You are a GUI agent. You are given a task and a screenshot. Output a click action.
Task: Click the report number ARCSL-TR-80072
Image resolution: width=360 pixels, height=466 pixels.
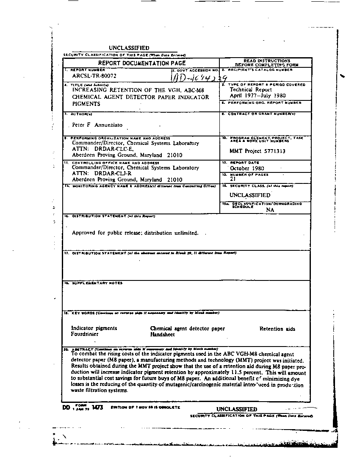[x=94, y=76]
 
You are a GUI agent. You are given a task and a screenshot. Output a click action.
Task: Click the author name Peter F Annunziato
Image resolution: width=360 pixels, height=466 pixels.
[x=97, y=125]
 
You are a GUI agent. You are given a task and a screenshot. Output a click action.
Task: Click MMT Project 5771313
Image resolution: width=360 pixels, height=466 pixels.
[x=257, y=151]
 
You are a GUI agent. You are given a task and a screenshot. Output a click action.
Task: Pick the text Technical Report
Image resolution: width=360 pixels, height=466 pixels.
[x=251, y=90]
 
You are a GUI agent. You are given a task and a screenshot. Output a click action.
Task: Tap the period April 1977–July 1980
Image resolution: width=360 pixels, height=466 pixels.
[x=258, y=96]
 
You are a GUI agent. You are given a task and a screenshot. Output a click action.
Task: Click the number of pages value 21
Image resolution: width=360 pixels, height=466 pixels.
[x=233, y=179]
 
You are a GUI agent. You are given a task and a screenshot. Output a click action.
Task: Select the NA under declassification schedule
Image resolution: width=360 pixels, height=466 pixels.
[x=270, y=210]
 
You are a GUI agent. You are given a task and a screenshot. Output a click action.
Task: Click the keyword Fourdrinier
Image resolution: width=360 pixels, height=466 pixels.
[x=85, y=334]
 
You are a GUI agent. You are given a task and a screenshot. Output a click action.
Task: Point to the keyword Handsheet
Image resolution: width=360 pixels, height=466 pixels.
[x=162, y=334]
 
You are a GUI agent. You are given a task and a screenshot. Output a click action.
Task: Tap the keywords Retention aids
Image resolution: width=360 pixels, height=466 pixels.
[x=277, y=329]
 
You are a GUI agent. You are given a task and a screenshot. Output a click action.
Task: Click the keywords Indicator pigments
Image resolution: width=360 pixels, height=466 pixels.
[x=94, y=328]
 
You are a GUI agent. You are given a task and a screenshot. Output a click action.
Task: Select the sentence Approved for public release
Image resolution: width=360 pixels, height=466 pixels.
[x=135, y=233]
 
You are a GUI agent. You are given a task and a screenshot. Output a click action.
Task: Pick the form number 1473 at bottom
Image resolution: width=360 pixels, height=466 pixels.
[x=97, y=408]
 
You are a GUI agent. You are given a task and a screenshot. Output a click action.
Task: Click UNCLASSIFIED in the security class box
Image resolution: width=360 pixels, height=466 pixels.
[x=250, y=195]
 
